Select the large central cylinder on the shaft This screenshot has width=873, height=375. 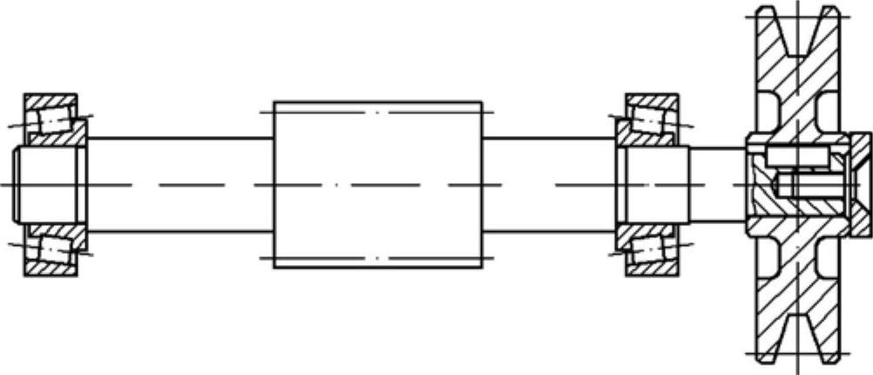point(377,185)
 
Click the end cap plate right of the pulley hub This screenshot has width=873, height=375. point(860,185)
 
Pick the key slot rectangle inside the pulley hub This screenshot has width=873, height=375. point(796,156)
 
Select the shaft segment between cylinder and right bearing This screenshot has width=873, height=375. point(549,185)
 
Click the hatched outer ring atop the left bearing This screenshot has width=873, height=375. point(50,99)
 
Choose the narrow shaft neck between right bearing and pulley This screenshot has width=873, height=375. point(716,185)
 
